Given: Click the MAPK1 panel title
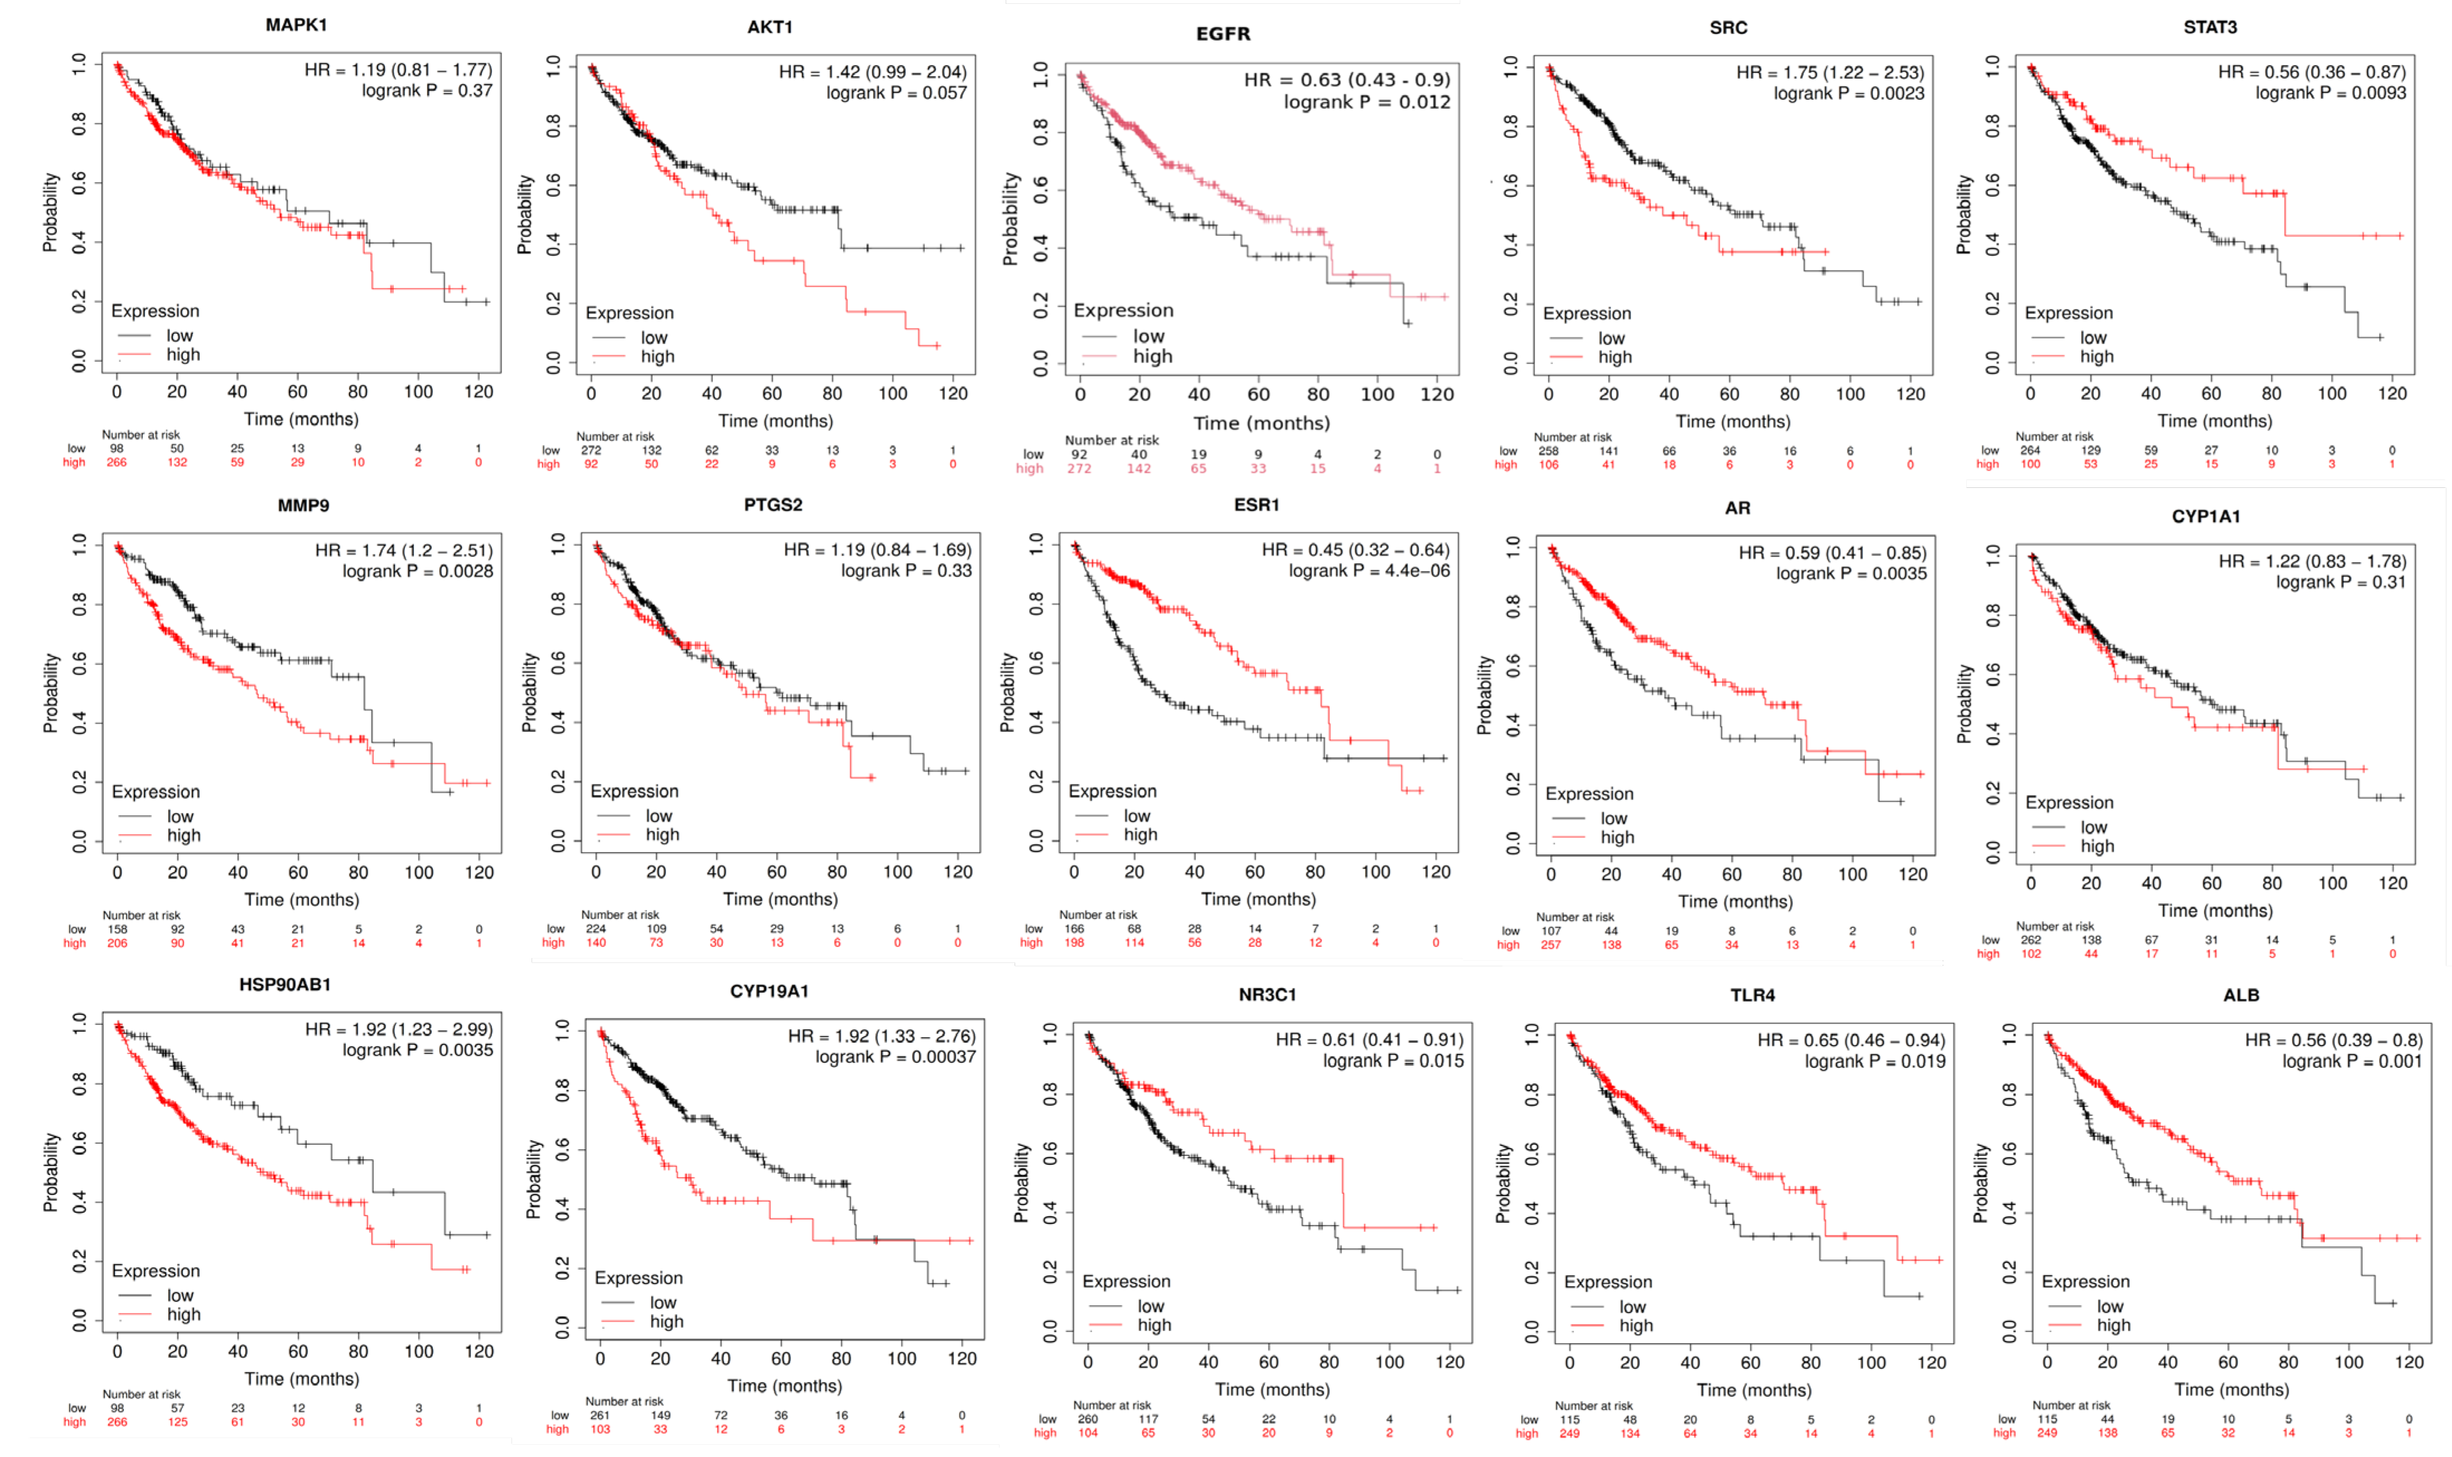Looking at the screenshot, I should click(296, 25).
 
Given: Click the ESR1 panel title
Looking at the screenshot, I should click(1256, 505).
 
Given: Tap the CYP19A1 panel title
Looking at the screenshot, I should click(769, 991).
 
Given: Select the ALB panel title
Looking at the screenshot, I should click(2241, 995).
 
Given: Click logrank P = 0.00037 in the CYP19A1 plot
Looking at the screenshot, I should click(895, 1057).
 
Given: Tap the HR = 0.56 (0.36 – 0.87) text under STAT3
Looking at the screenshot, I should click(2311, 72).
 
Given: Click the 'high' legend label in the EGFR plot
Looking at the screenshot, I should click(1152, 356).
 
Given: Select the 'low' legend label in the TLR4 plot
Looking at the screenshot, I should click(1632, 1307).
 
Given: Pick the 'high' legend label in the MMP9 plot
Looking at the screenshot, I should click(184, 835).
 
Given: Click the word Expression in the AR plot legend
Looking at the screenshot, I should click(1589, 793).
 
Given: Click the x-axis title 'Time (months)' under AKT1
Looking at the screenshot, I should click(775, 420).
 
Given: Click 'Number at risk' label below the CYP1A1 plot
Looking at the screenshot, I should click(2054, 926).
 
